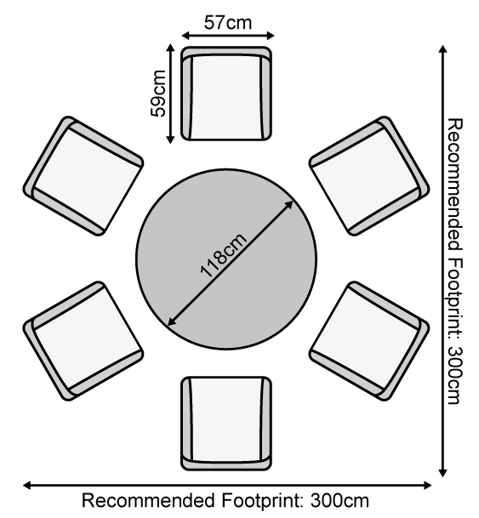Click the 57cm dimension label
(x=228, y=23)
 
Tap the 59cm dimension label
(x=158, y=94)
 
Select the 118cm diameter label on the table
(x=223, y=254)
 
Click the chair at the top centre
(x=226, y=94)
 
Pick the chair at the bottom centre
(x=226, y=424)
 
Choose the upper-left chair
(x=83, y=176)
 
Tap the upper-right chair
(x=369, y=176)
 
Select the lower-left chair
(x=83, y=341)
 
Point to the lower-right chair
(x=369, y=341)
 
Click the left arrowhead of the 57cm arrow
(x=185, y=36)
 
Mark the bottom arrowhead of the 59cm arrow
(x=170, y=140)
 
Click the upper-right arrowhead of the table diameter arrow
(x=289, y=204)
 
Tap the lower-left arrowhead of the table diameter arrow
(x=172, y=322)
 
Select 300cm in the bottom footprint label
(x=339, y=500)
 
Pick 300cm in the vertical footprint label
(x=455, y=375)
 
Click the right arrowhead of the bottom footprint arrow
(x=428, y=486)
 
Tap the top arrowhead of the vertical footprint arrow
(x=443, y=48)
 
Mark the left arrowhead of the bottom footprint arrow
(x=26, y=486)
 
